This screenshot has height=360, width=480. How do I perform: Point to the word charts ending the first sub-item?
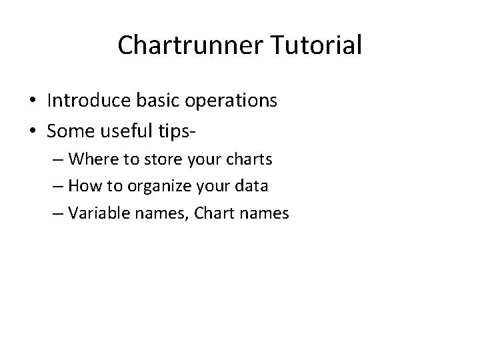(x=249, y=159)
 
